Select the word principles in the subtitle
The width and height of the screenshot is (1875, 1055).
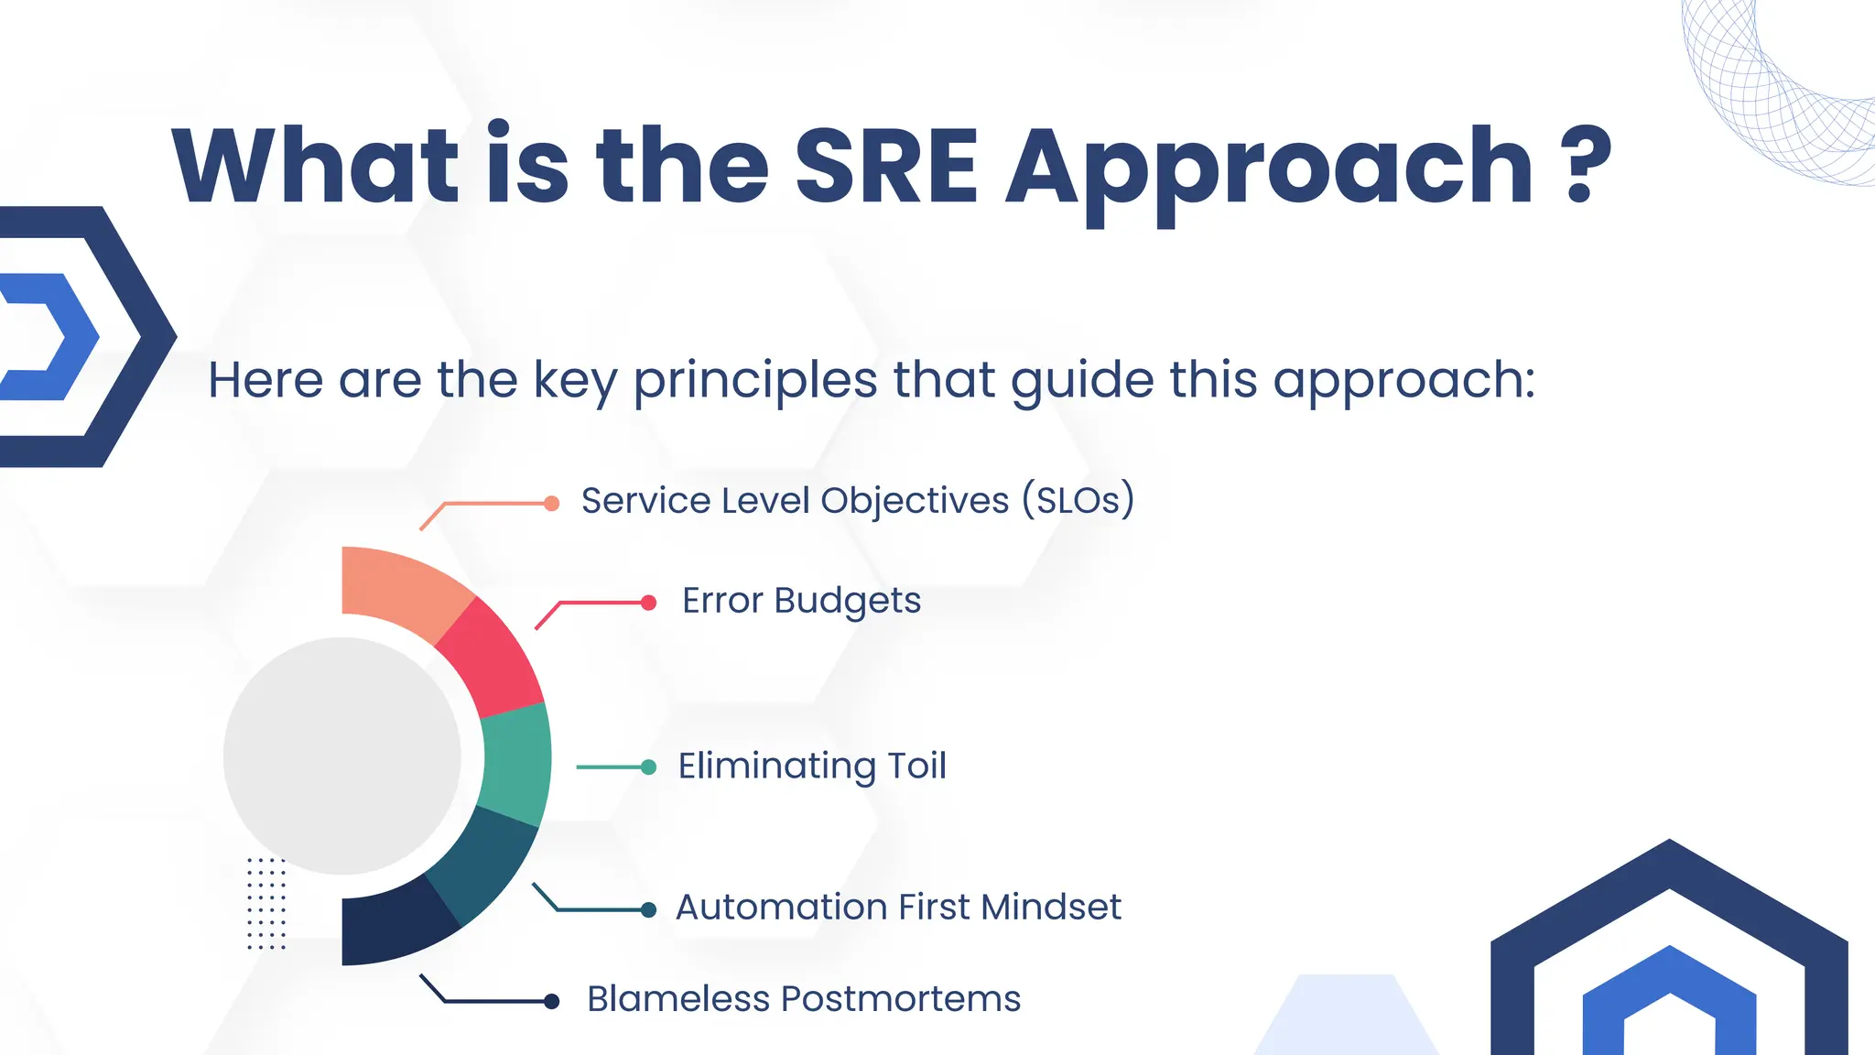755,380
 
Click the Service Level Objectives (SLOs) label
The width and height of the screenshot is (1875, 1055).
858,501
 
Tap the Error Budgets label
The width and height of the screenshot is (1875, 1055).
801,602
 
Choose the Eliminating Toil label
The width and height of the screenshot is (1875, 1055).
812,766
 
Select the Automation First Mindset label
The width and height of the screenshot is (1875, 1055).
898,908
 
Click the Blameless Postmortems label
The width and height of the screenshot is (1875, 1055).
803,999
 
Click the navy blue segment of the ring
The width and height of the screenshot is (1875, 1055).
394,924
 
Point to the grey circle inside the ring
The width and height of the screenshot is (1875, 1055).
341,756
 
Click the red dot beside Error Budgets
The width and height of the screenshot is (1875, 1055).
648,603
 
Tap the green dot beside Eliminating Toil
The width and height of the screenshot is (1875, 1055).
648,767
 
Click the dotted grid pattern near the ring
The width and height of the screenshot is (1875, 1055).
266,903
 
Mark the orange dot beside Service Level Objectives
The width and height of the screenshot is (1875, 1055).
551,504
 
